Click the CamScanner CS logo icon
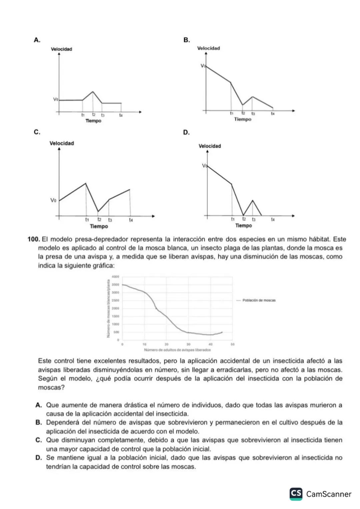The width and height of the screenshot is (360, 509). click(x=296, y=494)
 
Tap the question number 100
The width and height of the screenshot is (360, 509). click(x=34, y=239)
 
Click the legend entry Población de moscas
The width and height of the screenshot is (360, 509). click(x=259, y=300)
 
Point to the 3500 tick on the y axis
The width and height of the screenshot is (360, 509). click(x=116, y=284)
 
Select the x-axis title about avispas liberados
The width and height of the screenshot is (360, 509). click(x=177, y=350)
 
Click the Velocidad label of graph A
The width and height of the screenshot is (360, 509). click(x=61, y=49)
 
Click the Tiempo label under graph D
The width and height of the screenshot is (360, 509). click(x=244, y=226)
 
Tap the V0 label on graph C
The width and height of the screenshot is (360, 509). click(x=53, y=200)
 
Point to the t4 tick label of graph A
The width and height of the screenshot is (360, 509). click(x=121, y=115)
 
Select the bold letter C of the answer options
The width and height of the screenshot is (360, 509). click(x=38, y=440)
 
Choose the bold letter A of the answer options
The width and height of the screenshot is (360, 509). click(x=38, y=405)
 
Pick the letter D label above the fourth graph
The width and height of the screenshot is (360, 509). click(x=186, y=133)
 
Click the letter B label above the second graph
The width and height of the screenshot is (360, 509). click(x=187, y=40)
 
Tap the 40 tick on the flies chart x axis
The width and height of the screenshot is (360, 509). click(x=210, y=344)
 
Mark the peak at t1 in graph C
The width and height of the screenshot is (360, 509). click(x=86, y=183)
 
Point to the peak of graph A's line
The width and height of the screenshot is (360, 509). click(x=93, y=92)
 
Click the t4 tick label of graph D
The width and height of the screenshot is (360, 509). click(x=273, y=220)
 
